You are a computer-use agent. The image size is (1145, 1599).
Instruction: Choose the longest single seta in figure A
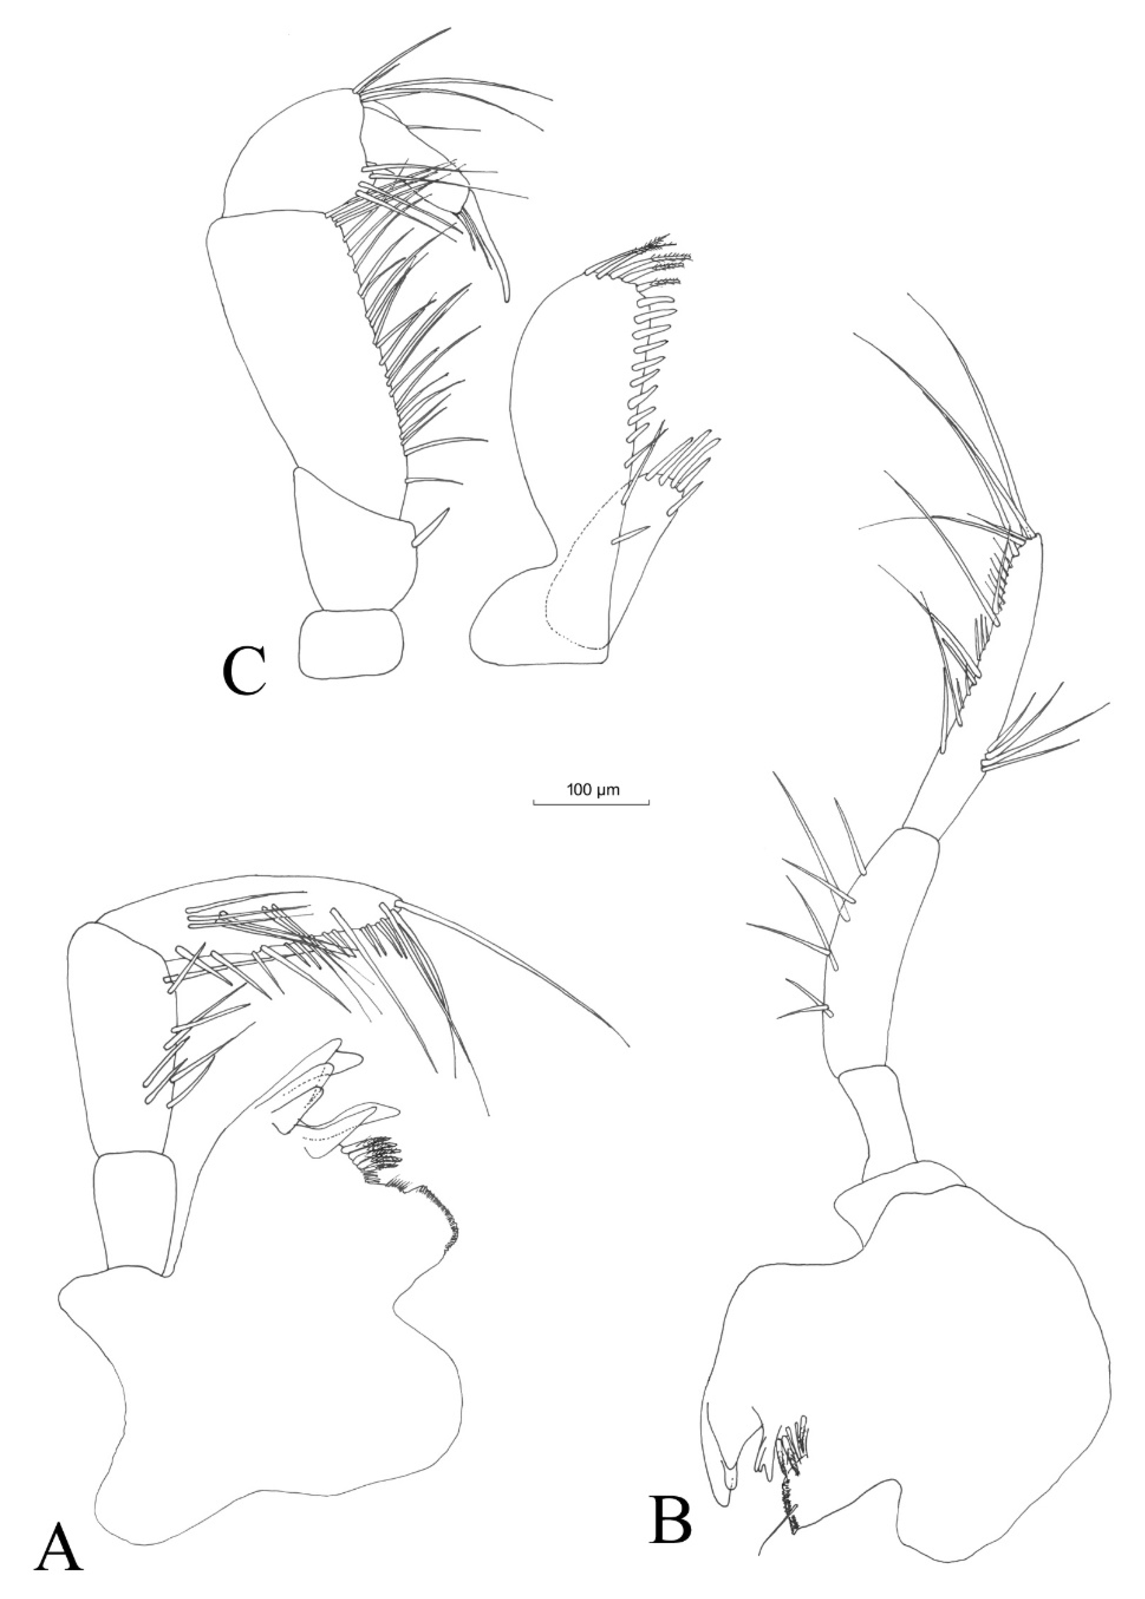[x=515, y=962]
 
